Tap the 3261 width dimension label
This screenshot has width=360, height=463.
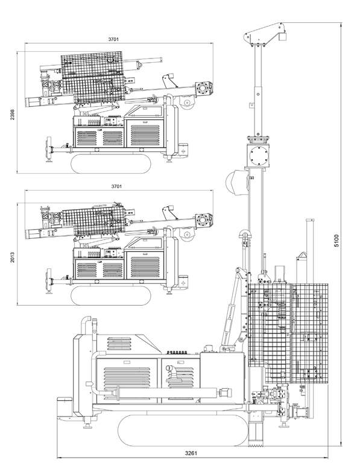[192, 453]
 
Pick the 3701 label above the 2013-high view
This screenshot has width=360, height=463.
[116, 186]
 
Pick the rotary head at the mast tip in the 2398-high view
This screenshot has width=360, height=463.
[206, 89]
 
